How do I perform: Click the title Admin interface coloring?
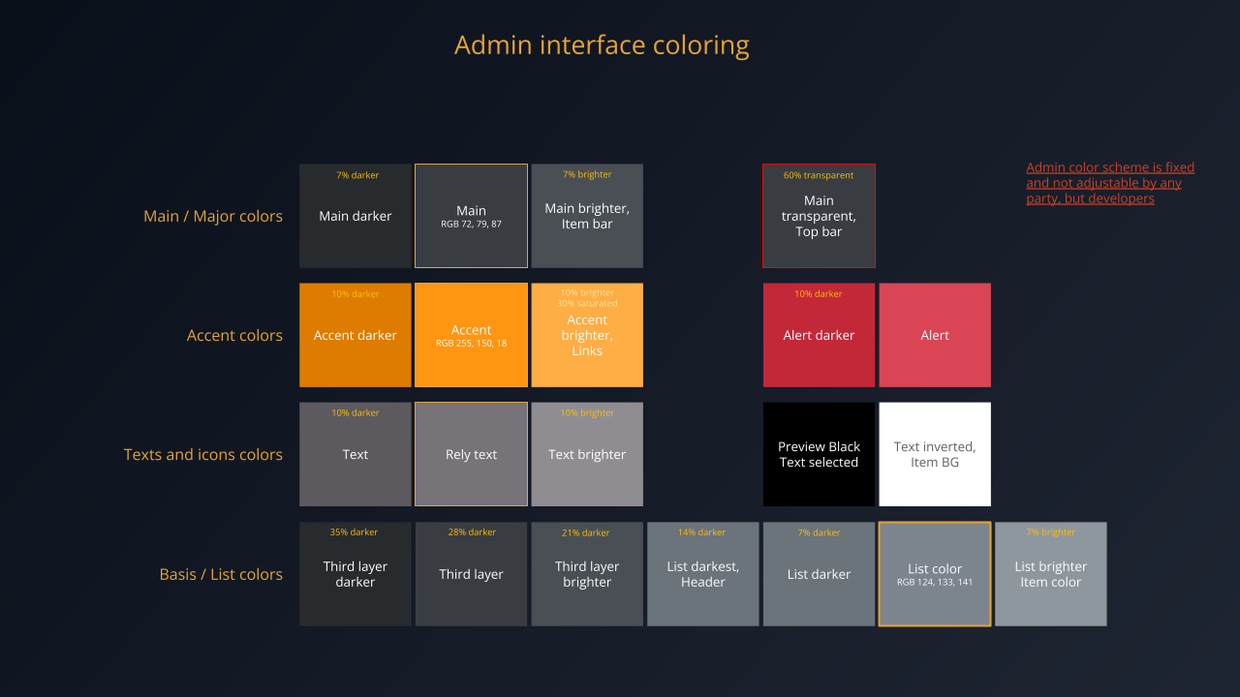pyautogui.click(x=602, y=45)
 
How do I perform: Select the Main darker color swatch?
pyautogui.click(x=356, y=216)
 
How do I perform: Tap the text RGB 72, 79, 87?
pyautogui.click(x=471, y=225)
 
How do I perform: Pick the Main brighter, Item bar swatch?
pyautogui.click(x=587, y=216)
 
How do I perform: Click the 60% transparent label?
pyautogui.click(x=819, y=175)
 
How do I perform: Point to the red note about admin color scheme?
pyautogui.click(x=1110, y=183)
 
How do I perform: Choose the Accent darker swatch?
pyautogui.click(x=356, y=335)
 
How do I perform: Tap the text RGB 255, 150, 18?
pyautogui.click(x=471, y=344)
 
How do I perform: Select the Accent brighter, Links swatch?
pyautogui.click(x=587, y=336)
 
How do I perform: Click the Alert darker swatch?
pyautogui.click(x=819, y=335)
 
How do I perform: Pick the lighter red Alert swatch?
pyautogui.click(x=935, y=335)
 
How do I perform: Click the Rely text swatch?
pyautogui.click(x=471, y=454)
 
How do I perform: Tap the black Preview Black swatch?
pyautogui.click(x=819, y=454)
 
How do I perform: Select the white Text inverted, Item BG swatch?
pyautogui.click(x=935, y=454)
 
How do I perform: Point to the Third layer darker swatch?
pyautogui.click(x=356, y=574)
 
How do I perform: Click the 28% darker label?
pyautogui.click(x=472, y=532)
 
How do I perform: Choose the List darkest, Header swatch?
pyautogui.click(x=703, y=574)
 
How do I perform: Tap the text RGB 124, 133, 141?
pyautogui.click(x=935, y=583)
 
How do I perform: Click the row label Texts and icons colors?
pyautogui.click(x=203, y=454)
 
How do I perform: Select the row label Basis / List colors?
pyautogui.click(x=221, y=574)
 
